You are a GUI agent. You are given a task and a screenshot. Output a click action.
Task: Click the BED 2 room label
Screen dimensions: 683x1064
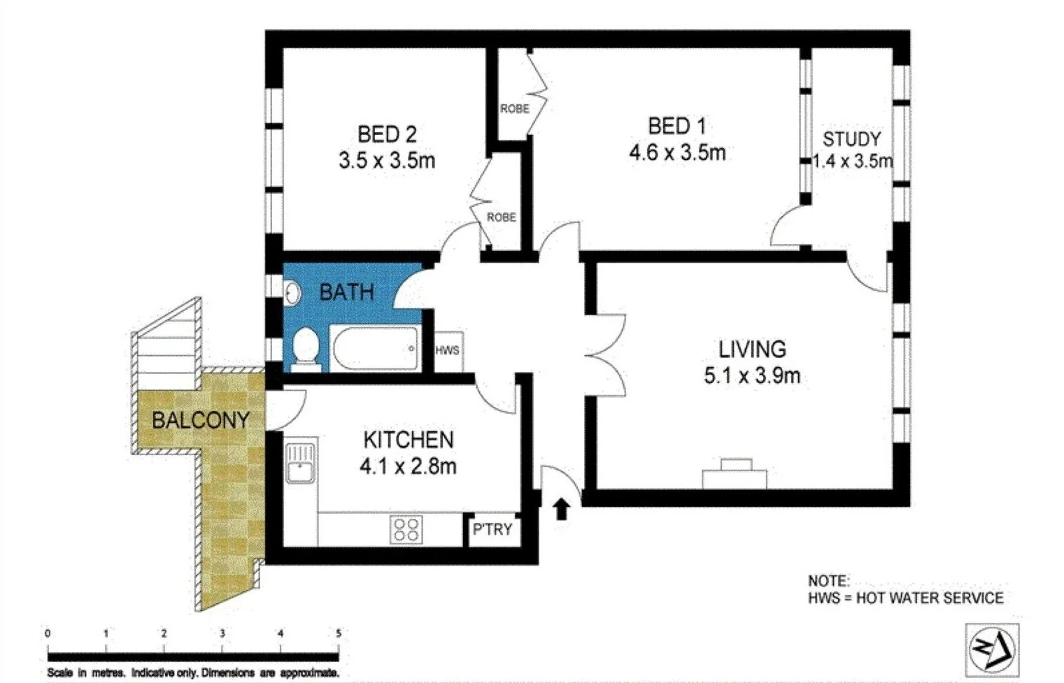[387, 134]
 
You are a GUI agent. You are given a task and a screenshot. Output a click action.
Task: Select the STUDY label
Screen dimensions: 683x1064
[851, 138]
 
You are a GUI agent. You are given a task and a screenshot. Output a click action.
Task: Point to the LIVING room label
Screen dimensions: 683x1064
[752, 349]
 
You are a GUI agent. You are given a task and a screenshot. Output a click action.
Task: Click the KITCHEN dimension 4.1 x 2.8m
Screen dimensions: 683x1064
[408, 466]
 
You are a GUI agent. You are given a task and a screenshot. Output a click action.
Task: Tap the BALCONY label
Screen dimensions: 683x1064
[201, 420]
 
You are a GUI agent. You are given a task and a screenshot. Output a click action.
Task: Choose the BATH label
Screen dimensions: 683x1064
[346, 292]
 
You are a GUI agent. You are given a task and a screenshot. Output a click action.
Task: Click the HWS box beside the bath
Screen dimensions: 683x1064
[448, 350]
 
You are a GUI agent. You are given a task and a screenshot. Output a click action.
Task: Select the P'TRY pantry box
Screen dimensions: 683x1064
[492, 529]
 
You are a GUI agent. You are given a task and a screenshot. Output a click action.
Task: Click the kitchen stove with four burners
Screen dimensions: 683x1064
[406, 529]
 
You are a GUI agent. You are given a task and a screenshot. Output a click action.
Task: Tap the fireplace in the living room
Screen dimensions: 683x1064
[735, 475]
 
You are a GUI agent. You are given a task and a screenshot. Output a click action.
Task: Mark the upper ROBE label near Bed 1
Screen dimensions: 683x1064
[514, 109]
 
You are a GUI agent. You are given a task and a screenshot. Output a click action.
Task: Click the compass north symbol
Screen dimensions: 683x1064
[991, 650]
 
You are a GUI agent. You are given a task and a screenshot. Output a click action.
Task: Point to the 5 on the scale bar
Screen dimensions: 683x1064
[339, 633]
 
